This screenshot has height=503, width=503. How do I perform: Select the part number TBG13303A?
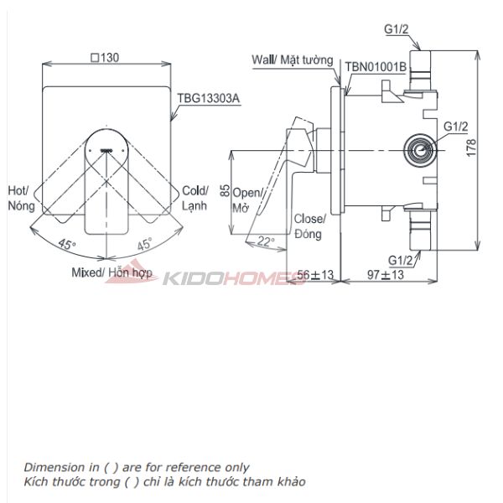(208, 96)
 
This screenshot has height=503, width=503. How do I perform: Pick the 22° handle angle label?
(266, 241)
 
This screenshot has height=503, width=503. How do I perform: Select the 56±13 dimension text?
(315, 275)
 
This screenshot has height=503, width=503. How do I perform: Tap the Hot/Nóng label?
(18, 199)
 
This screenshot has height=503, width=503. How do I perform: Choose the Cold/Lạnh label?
(195, 199)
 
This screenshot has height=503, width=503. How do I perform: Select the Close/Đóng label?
(309, 227)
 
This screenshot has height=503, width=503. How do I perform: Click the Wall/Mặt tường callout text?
(293, 60)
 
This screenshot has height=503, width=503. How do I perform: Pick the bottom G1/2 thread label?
(402, 260)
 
